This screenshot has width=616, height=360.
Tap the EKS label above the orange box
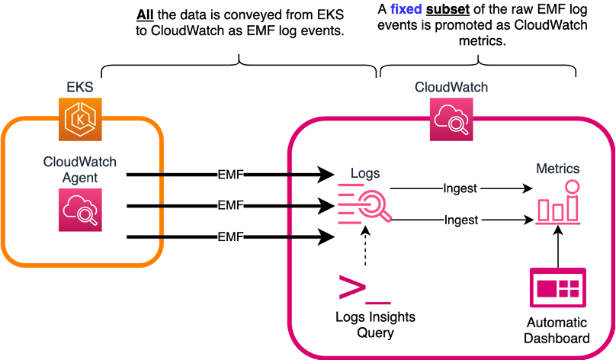point(79,87)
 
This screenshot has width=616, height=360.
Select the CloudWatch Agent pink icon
point(79,211)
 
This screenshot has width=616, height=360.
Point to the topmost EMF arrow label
point(229,175)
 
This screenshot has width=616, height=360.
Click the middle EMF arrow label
point(229,205)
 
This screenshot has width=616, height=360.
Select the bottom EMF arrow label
point(229,237)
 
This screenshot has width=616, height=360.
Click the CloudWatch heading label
point(451,87)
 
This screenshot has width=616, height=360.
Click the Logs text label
point(364,173)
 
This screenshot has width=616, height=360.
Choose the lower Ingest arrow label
point(460,220)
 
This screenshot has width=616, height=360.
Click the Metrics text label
point(557,169)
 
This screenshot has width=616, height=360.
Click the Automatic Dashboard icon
point(558,288)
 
